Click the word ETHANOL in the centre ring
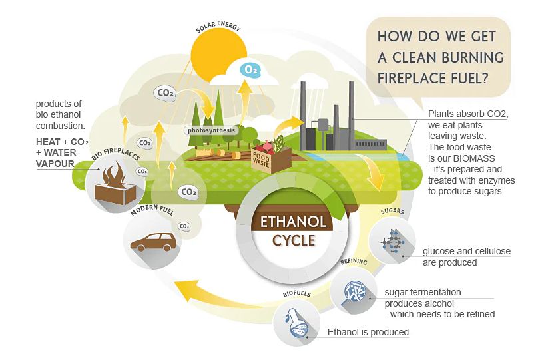click(294, 222)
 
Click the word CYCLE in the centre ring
click(294, 240)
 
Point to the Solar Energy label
click(218, 29)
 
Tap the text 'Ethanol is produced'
click(368, 332)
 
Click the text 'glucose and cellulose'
click(466, 252)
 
